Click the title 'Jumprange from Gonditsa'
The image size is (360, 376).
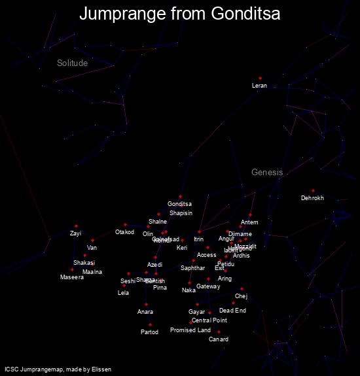click(179, 14)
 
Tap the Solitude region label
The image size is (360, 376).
click(72, 63)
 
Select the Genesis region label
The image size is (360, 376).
click(267, 173)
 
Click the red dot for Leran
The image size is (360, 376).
click(260, 78)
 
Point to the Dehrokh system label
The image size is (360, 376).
click(312, 198)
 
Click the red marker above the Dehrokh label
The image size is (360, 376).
click(313, 191)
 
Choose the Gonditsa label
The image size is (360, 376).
click(179, 204)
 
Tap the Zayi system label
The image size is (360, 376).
click(76, 233)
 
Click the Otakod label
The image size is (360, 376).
click(124, 232)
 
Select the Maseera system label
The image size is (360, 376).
click(72, 278)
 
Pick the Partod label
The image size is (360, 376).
click(149, 332)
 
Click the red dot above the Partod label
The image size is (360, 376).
click(150, 324)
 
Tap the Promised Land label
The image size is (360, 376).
click(190, 330)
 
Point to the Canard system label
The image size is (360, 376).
click(219, 339)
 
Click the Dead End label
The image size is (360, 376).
click(232, 311)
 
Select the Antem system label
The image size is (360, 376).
click(249, 222)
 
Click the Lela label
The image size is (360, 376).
click(123, 292)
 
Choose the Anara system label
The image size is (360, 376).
click(145, 312)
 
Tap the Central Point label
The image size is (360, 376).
click(209, 320)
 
